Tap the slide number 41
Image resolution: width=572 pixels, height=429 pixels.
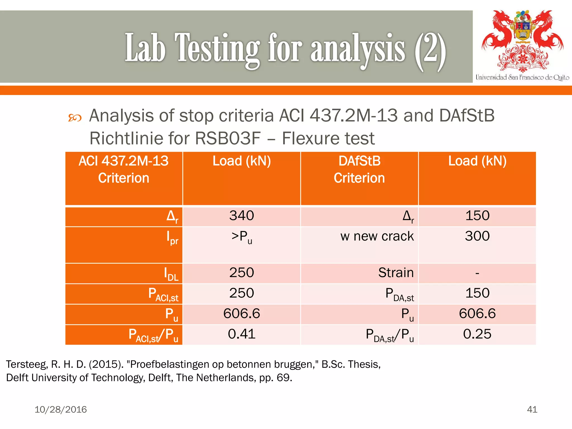click(x=532, y=409)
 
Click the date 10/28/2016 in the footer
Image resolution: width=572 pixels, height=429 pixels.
click(x=61, y=409)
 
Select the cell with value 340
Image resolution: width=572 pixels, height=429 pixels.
click(x=242, y=216)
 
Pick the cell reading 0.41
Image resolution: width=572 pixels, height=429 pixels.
click(x=242, y=334)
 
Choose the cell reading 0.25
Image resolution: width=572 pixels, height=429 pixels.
click(x=477, y=334)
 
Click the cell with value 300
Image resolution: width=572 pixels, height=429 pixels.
click(x=477, y=236)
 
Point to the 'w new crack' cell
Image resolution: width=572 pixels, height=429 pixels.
click(x=377, y=236)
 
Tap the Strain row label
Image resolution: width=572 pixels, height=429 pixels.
click(x=396, y=273)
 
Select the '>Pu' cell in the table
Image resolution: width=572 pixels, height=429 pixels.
click(x=242, y=237)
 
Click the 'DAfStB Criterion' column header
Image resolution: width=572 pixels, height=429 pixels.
click(x=359, y=170)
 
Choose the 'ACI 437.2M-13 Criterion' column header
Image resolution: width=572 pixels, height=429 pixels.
click(x=124, y=170)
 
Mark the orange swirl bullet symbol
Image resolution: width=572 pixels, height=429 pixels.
click(x=75, y=118)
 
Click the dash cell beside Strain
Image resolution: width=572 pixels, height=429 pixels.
click(x=477, y=273)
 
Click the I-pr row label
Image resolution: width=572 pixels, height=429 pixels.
click(x=172, y=238)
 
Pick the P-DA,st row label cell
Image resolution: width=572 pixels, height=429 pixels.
click(x=399, y=294)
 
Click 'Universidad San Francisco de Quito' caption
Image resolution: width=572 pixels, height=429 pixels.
click(x=522, y=77)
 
